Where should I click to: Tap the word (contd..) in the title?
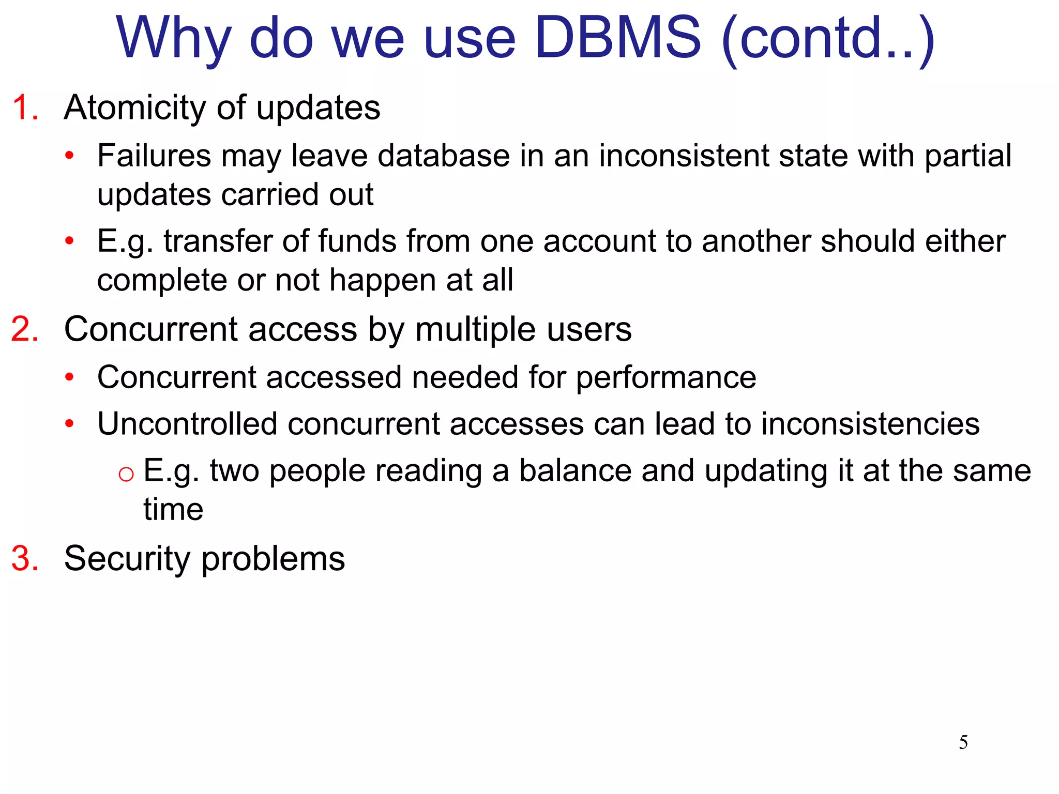click(x=827, y=39)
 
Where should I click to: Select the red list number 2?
click(x=25, y=329)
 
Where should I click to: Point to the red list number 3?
click(x=25, y=559)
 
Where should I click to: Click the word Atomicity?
click(x=135, y=108)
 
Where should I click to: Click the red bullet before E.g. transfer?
click(x=70, y=241)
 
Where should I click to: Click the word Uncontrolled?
click(x=187, y=424)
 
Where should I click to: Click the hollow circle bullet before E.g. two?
click(x=126, y=474)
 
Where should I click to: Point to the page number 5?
click(x=963, y=742)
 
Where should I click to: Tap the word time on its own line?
click(x=173, y=510)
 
